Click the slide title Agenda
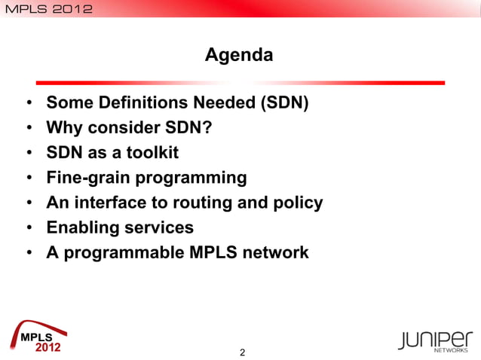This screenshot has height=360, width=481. tap(239, 55)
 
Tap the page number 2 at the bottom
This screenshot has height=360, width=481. tap(242, 352)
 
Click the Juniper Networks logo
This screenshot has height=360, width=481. tap(437, 340)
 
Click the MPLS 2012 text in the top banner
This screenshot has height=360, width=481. tap(47, 9)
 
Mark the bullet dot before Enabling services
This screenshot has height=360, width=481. tap(29, 228)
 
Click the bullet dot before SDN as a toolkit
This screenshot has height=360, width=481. tap(29, 154)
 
